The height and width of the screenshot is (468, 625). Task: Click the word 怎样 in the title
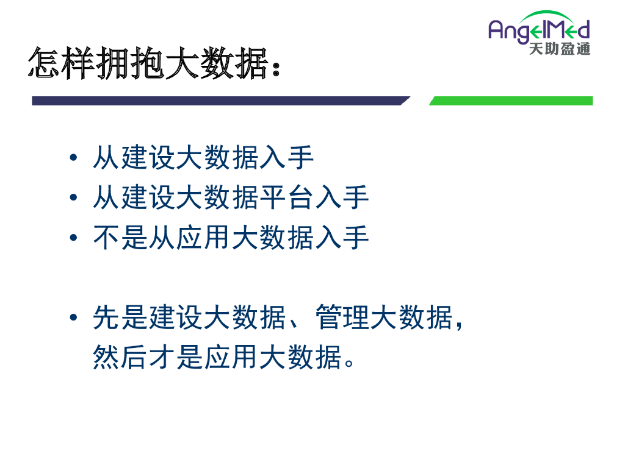[x=62, y=63]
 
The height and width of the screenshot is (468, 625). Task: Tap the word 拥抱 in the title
[x=131, y=63]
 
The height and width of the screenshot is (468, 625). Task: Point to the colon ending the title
[x=276, y=68]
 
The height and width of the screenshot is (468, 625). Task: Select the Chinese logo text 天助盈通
[x=560, y=49]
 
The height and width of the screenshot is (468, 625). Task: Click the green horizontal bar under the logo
[x=511, y=101]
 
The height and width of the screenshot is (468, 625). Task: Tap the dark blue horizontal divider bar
[x=221, y=101]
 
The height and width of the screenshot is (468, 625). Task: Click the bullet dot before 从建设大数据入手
[x=73, y=158]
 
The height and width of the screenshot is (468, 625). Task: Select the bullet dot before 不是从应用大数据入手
[x=73, y=238]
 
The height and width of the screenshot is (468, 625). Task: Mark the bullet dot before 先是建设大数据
[x=73, y=317]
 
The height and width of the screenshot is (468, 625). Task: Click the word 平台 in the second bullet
[x=287, y=197]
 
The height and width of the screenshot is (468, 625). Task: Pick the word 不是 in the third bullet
[x=120, y=238]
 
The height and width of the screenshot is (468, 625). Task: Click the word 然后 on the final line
[x=120, y=357]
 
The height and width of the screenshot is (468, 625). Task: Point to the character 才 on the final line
[x=162, y=357]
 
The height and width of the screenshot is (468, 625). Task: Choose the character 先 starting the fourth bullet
[x=106, y=317]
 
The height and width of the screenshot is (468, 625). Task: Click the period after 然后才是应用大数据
[x=349, y=363]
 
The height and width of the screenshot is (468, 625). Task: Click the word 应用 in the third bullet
[x=203, y=238]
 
